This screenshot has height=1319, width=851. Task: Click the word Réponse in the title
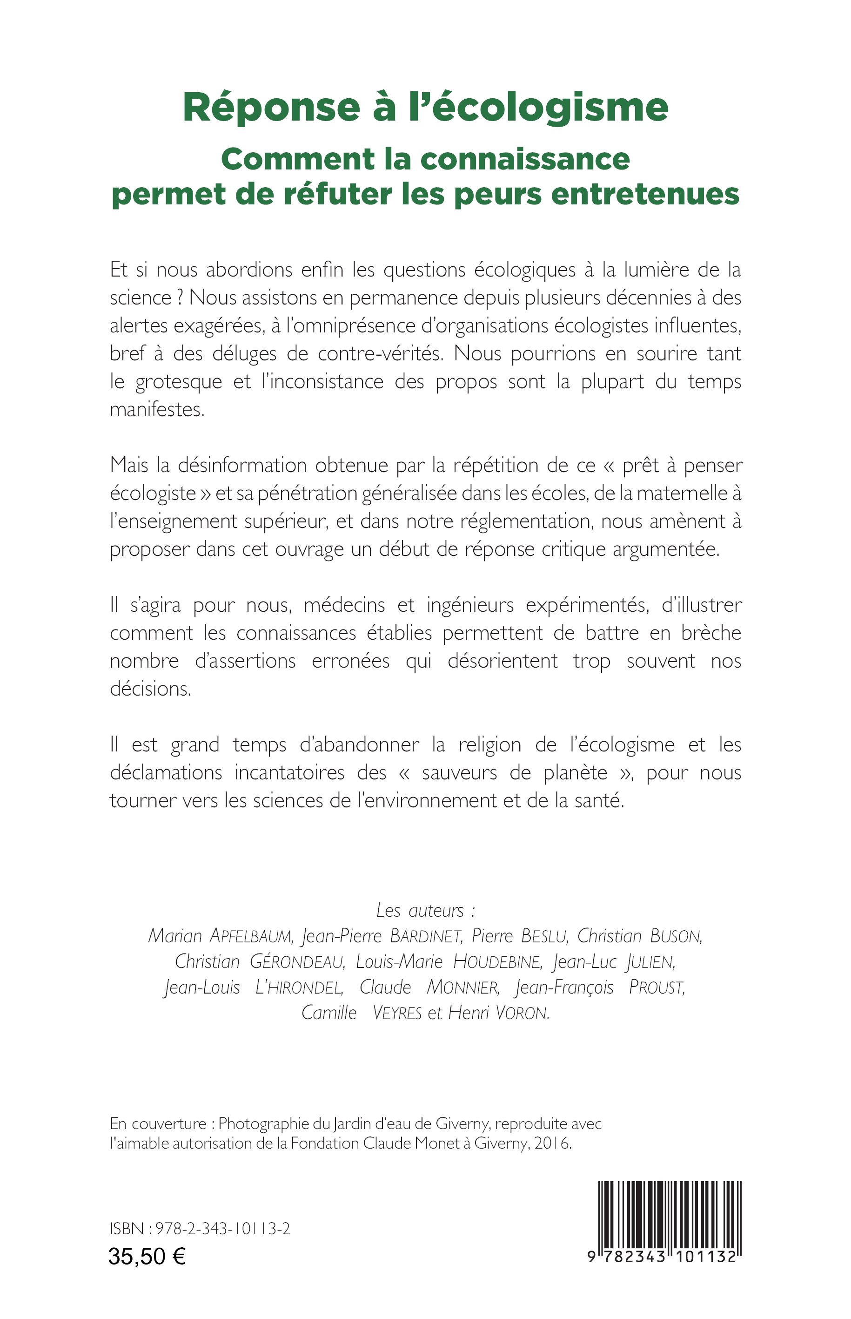pyautogui.click(x=271, y=108)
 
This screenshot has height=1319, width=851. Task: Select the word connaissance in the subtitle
pyautogui.click(x=524, y=160)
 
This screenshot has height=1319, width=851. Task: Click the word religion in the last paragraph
pyautogui.click(x=489, y=744)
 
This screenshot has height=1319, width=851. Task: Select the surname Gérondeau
pyautogui.click(x=297, y=962)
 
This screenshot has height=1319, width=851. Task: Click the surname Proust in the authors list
pyautogui.click(x=657, y=988)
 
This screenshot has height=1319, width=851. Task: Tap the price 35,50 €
pyautogui.click(x=147, y=1257)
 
